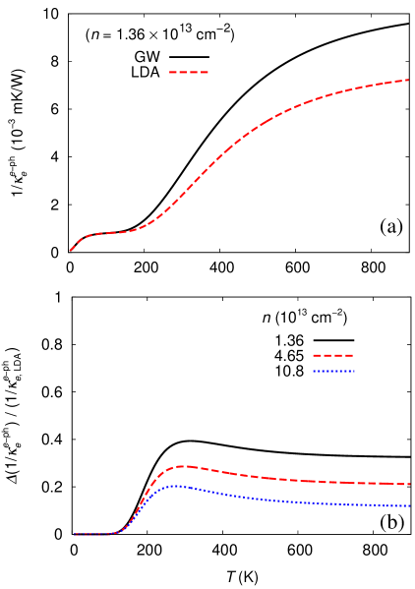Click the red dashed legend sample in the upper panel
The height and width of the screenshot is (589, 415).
188,72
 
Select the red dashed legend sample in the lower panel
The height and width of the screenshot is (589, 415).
332,355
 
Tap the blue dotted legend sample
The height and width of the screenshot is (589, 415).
333,371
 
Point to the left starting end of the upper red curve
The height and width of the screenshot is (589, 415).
70,251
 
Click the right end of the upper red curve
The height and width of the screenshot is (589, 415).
408,80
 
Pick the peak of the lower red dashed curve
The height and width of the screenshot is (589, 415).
181,466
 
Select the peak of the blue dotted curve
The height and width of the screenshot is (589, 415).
176,486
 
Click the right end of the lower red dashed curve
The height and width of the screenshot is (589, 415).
409,484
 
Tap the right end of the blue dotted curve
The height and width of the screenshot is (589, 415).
409,505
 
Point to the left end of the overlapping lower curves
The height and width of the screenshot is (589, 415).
75,534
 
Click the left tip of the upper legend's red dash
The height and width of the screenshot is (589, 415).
169,72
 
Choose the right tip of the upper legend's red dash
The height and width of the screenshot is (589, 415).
207,72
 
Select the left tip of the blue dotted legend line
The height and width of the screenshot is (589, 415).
313,371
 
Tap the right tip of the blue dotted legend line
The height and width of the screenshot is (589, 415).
354,371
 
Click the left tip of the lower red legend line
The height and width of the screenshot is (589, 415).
313,355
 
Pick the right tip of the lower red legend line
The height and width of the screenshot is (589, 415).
353,355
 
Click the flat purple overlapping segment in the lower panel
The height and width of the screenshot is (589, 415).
96,534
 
